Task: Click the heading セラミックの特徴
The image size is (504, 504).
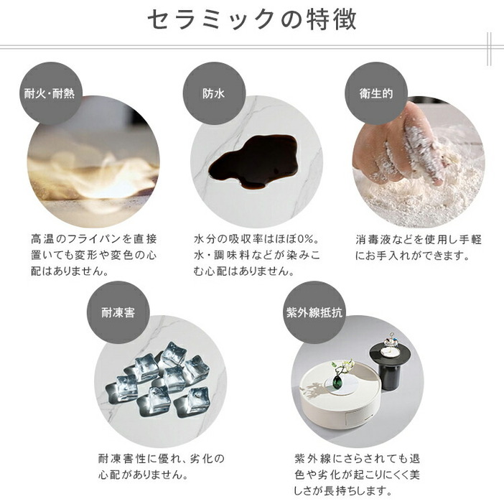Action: pyautogui.click(x=252, y=20)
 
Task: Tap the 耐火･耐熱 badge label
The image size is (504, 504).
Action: pyautogui.click(x=50, y=93)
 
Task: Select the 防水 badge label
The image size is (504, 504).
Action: pyautogui.click(x=214, y=93)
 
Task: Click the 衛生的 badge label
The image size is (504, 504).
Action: pyautogui.click(x=376, y=93)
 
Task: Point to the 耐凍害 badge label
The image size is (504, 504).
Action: pyautogui.click(x=118, y=312)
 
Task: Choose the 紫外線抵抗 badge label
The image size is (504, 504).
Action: pyautogui.click(x=314, y=312)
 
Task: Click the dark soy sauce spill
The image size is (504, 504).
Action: pyautogui.click(x=253, y=162)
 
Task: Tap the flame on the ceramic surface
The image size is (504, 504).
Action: pyautogui.click(x=96, y=175)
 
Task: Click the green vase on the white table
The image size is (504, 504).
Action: pyautogui.click(x=338, y=382)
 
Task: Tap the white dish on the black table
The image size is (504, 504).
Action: pyautogui.click(x=391, y=352)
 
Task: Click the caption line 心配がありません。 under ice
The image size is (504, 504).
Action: pyautogui.click(x=143, y=475)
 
